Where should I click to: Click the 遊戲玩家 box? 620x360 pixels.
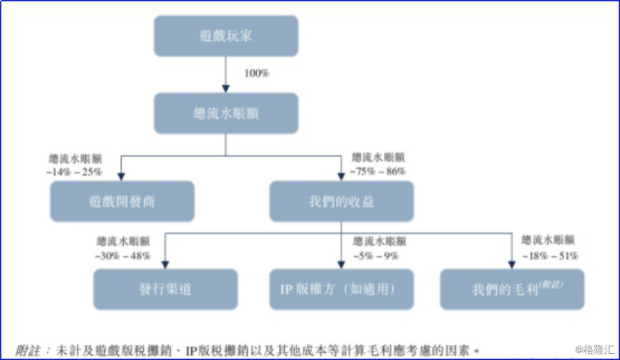pyautogui.click(x=226, y=36)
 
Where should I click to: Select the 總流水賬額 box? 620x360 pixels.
pyautogui.click(x=226, y=113)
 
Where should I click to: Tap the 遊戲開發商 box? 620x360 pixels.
pyautogui.click(x=123, y=201)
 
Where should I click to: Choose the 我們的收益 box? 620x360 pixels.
pyautogui.click(x=341, y=201)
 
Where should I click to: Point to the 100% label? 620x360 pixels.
pyautogui.click(x=256, y=73)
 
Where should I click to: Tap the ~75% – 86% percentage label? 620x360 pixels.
pyautogui.click(x=379, y=171)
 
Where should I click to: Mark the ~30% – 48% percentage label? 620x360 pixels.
pyautogui.click(x=123, y=255)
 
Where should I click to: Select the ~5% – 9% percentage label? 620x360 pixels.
pyautogui.click(x=379, y=255)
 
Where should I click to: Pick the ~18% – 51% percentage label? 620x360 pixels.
pyautogui.click(x=549, y=255)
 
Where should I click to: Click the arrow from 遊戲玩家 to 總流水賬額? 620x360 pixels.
pyautogui.click(x=226, y=74)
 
